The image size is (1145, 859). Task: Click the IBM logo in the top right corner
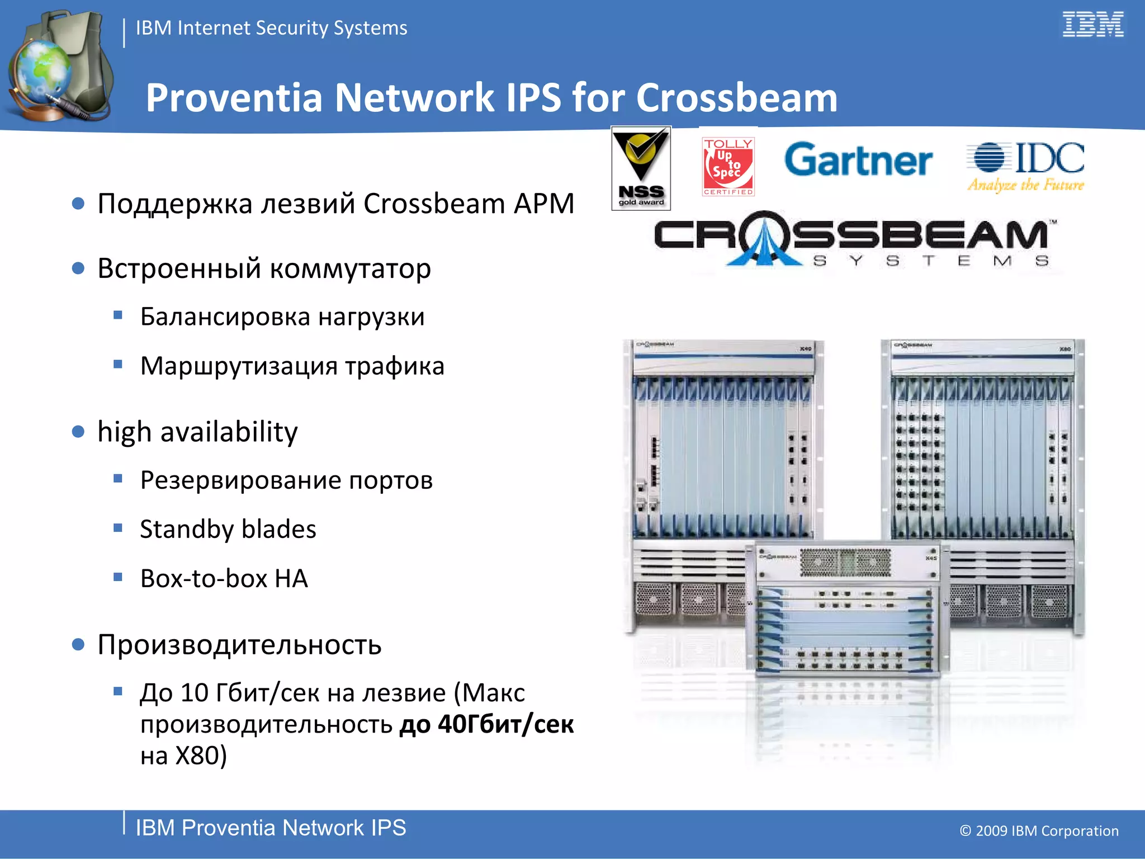tap(1092, 25)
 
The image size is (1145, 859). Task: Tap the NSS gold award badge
tap(641, 168)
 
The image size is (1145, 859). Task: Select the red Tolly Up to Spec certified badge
tap(728, 167)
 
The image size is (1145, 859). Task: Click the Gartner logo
tap(858, 161)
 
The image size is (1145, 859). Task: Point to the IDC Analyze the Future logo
tap(1026, 166)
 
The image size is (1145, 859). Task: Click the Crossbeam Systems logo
tap(852, 239)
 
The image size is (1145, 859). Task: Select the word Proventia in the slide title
tap(234, 98)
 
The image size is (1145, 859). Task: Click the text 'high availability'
tap(197, 432)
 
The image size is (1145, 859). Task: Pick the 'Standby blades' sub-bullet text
tap(228, 529)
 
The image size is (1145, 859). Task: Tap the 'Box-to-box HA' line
tap(224, 578)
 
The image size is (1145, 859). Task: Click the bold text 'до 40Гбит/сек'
tap(486, 724)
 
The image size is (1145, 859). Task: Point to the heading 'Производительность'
tap(239, 644)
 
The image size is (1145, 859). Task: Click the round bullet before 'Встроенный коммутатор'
tap(78, 269)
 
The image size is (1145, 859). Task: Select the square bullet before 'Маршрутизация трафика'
tap(117, 365)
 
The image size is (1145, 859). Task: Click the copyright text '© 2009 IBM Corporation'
tap(1039, 830)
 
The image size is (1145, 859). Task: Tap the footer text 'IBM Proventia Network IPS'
tap(271, 828)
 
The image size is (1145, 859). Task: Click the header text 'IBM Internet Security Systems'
tap(271, 28)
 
